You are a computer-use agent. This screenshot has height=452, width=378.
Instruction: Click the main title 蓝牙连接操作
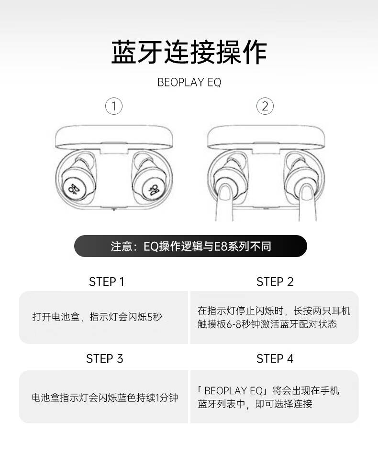(189, 52)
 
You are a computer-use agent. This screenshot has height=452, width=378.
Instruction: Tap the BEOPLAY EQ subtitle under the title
(189, 83)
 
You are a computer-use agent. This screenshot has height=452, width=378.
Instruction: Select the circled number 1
(114, 106)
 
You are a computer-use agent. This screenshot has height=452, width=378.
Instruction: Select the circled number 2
(265, 106)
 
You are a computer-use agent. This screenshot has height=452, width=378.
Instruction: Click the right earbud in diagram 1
(150, 181)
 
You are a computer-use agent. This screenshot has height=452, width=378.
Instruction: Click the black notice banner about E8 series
(190, 246)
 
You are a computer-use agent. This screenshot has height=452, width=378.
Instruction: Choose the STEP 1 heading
(107, 281)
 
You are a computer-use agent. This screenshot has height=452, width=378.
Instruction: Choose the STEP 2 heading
(275, 281)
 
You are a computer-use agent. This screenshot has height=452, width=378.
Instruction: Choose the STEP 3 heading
(104, 359)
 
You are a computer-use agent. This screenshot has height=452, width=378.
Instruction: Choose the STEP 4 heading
(275, 359)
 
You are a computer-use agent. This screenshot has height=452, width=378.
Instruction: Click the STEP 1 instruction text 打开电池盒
(56, 317)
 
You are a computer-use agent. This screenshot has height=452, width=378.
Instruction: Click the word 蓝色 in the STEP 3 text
(127, 398)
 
